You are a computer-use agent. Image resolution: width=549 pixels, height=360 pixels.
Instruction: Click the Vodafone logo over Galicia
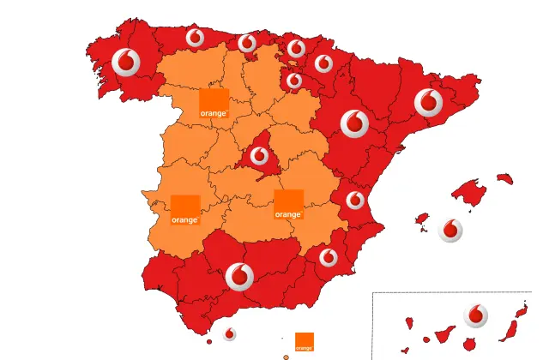click(x=126, y=62)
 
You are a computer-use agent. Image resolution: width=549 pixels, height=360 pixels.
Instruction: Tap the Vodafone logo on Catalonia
click(x=428, y=103)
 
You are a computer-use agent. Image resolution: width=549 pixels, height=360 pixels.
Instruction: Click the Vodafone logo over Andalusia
click(x=239, y=276)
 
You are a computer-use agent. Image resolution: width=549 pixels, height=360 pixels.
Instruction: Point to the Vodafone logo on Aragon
click(x=354, y=123)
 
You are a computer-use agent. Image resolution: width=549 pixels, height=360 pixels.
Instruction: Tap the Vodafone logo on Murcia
click(x=328, y=256)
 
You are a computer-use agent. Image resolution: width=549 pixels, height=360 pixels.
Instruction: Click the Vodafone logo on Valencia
click(x=354, y=201)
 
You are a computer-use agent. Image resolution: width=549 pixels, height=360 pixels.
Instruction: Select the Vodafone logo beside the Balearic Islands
click(x=450, y=229)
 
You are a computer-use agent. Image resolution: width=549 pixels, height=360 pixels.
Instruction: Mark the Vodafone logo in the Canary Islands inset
click(x=476, y=315)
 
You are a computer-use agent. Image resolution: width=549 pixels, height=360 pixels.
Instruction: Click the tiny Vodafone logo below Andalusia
click(x=229, y=334)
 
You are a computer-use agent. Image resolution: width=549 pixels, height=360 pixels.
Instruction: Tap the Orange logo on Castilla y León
click(x=214, y=102)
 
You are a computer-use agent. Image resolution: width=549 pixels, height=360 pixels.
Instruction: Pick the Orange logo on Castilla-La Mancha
click(x=288, y=204)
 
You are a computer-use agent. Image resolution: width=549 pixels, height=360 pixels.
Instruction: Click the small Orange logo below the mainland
click(x=304, y=342)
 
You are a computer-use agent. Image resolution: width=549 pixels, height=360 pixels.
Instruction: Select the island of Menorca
click(x=504, y=179)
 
